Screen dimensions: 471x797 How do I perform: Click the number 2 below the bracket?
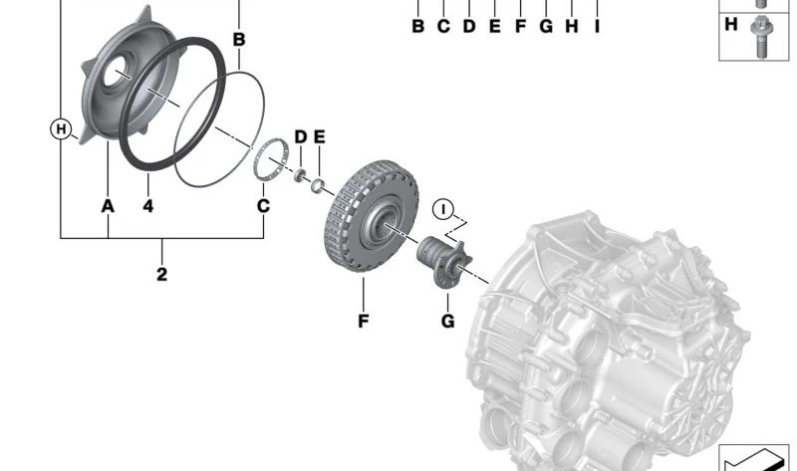(x=161, y=274)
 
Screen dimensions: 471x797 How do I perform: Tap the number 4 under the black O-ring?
(x=147, y=206)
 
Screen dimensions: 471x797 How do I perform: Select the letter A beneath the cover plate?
(x=107, y=206)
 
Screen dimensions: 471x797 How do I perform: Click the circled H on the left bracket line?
(x=62, y=128)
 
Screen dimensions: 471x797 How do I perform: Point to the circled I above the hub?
(x=443, y=210)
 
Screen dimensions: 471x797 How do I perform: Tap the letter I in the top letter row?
(x=597, y=26)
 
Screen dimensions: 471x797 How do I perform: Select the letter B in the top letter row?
(x=418, y=26)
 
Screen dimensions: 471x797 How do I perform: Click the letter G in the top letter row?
(x=545, y=26)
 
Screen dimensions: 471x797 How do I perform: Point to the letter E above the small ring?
(x=319, y=135)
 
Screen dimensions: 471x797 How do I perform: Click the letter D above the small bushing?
(x=299, y=135)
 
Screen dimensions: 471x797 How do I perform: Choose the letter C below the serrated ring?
(x=263, y=206)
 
